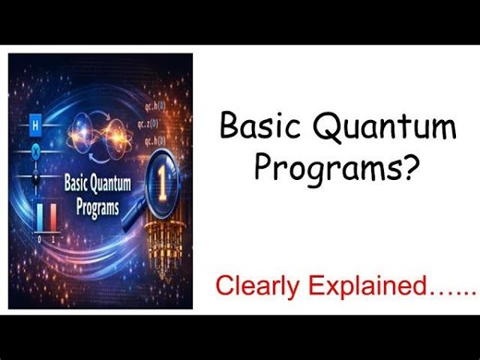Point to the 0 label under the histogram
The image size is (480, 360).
39,238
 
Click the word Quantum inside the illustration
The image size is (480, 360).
108,183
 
